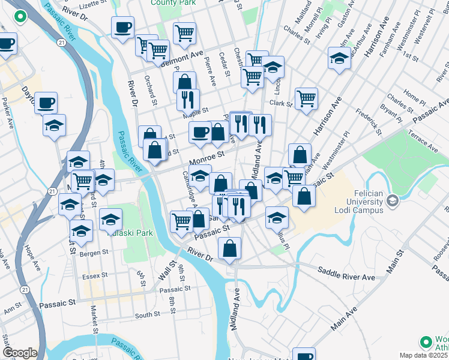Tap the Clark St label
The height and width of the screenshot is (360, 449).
point(280,103)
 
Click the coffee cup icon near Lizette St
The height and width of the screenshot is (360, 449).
point(122,27)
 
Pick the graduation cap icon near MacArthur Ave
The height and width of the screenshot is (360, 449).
point(339,59)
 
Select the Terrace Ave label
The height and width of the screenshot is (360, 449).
point(423,139)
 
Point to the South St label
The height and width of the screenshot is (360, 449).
point(147,314)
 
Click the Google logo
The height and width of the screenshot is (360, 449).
point(20,353)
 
